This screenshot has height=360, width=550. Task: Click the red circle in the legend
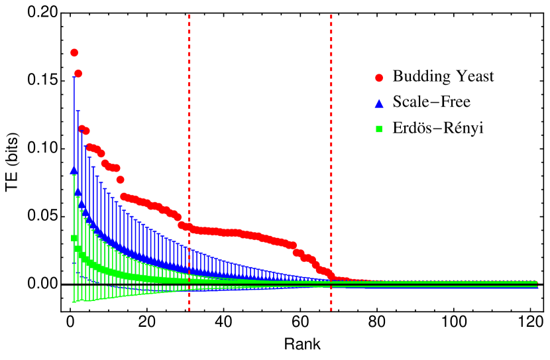coord(379,78)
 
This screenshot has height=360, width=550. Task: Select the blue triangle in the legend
coord(379,103)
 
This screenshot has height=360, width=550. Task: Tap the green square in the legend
coord(379,129)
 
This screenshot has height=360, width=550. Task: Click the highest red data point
coord(74,52)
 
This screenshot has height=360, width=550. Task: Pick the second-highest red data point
coord(78,74)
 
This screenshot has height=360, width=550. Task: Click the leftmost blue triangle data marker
coord(74,170)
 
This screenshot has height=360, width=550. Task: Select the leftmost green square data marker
coord(74,237)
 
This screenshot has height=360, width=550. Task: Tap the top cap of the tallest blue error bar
coord(74,78)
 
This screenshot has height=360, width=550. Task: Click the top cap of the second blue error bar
coord(78,111)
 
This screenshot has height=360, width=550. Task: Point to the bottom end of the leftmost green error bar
coord(74,302)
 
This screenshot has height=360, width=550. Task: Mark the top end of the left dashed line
coord(189,15)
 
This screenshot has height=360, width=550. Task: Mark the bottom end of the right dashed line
coord(331,310)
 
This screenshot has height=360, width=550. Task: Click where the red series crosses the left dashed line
coord(189,227)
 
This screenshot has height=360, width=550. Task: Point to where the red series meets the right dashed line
coord(331,275)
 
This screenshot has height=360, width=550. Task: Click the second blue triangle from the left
coord(78,192)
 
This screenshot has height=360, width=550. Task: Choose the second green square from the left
coord(78,249)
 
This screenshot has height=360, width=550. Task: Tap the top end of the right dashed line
coord(331,15)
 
